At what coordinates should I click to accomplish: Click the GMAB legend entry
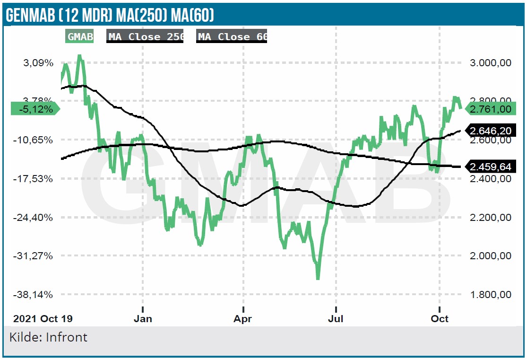(79, 37)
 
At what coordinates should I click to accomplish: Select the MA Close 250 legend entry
(145, 37)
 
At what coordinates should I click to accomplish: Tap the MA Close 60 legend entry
(232, 37)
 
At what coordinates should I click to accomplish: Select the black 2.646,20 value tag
(491, 130)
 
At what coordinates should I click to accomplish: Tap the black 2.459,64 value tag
(491, 167)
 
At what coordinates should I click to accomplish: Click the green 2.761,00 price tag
(491, 109)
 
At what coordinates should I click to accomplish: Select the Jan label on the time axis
(143, 318)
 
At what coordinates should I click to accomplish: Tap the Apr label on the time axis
(243, 318)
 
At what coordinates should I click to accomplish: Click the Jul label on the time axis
(336, 318)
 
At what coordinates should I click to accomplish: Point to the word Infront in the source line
(66, 337)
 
